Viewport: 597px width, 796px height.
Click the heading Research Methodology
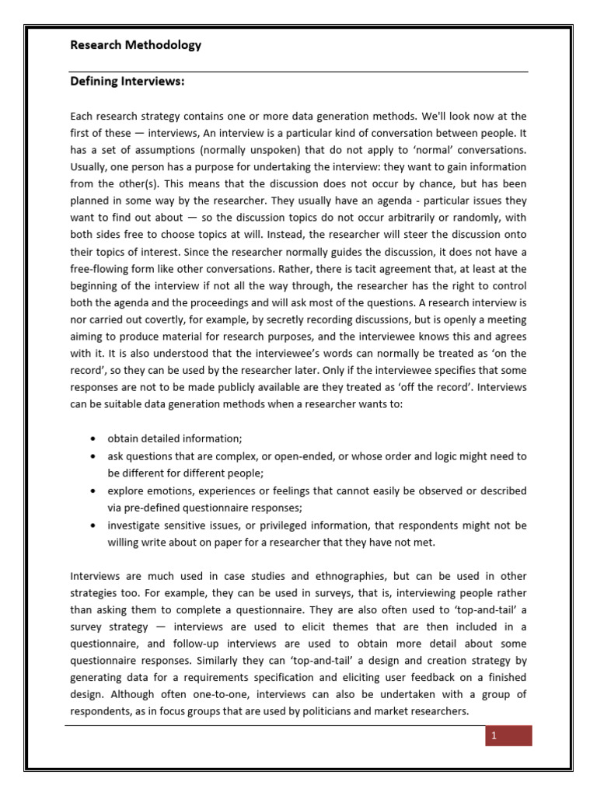pyautogui.click(x=135, y=45)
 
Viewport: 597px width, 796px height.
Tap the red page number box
pyautogui.click(x=508, y=736)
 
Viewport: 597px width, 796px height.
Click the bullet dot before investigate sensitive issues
pyautogui.click(x=93, y=525)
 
